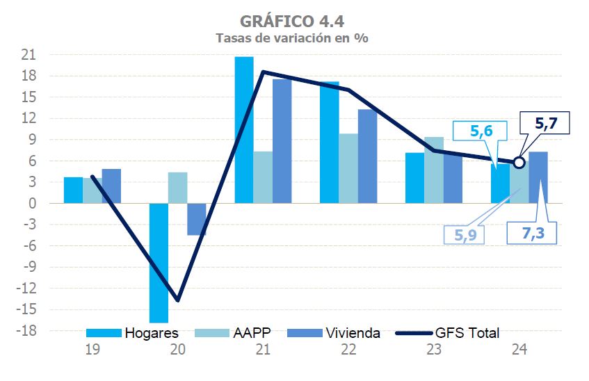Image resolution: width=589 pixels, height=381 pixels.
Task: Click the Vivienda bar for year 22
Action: pyautogui.click(x=368, y=156)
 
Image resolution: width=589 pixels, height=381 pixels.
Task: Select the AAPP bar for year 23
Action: pyautogui.click(x=434, y=170)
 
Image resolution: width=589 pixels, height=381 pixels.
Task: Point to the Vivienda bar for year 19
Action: pyautogui.click(x=111, y=186)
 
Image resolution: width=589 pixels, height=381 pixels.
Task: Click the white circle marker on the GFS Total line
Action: pyautogui.click(x=519, y=163)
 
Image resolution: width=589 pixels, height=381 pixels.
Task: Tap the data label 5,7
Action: pyautogui.click(x=545, y=125)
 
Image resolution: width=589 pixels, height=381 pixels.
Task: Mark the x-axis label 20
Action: pyautogui.click(x=178, y=351)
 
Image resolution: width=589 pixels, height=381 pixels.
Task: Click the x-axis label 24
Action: pyautogui.click(x=519, y=351)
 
